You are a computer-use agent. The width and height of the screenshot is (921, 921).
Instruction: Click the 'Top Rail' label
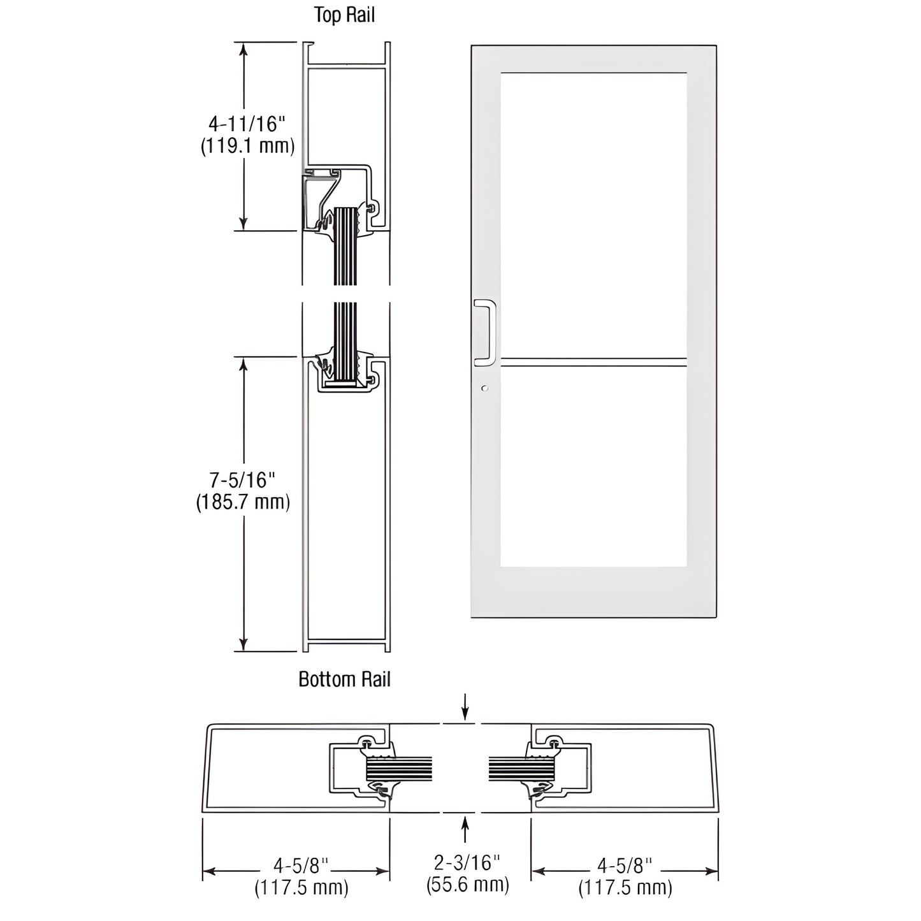click(x=344, y=15)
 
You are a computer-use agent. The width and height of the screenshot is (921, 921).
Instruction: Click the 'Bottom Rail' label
click(x=344, y=679)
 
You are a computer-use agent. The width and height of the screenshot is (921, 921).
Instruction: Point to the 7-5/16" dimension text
click(x=243, y=479)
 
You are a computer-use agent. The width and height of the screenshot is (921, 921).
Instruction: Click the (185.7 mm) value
click(x=243, y=502)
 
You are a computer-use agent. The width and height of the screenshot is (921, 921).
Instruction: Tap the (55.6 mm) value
click(x=467, y=884)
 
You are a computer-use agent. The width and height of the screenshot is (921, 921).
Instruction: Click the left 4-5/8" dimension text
click(x=301, y=865)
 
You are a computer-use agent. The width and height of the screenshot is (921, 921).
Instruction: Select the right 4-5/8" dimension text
click(x=625, y=865)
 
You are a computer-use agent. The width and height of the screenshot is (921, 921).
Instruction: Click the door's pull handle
click(x=485, y=332)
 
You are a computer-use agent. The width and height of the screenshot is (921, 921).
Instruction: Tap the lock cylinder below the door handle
click(x=485, y=388)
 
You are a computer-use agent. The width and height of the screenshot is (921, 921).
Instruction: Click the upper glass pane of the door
click(x=593, y=214)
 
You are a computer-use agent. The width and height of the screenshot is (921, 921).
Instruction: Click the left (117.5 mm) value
click(x=301, y=887)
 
